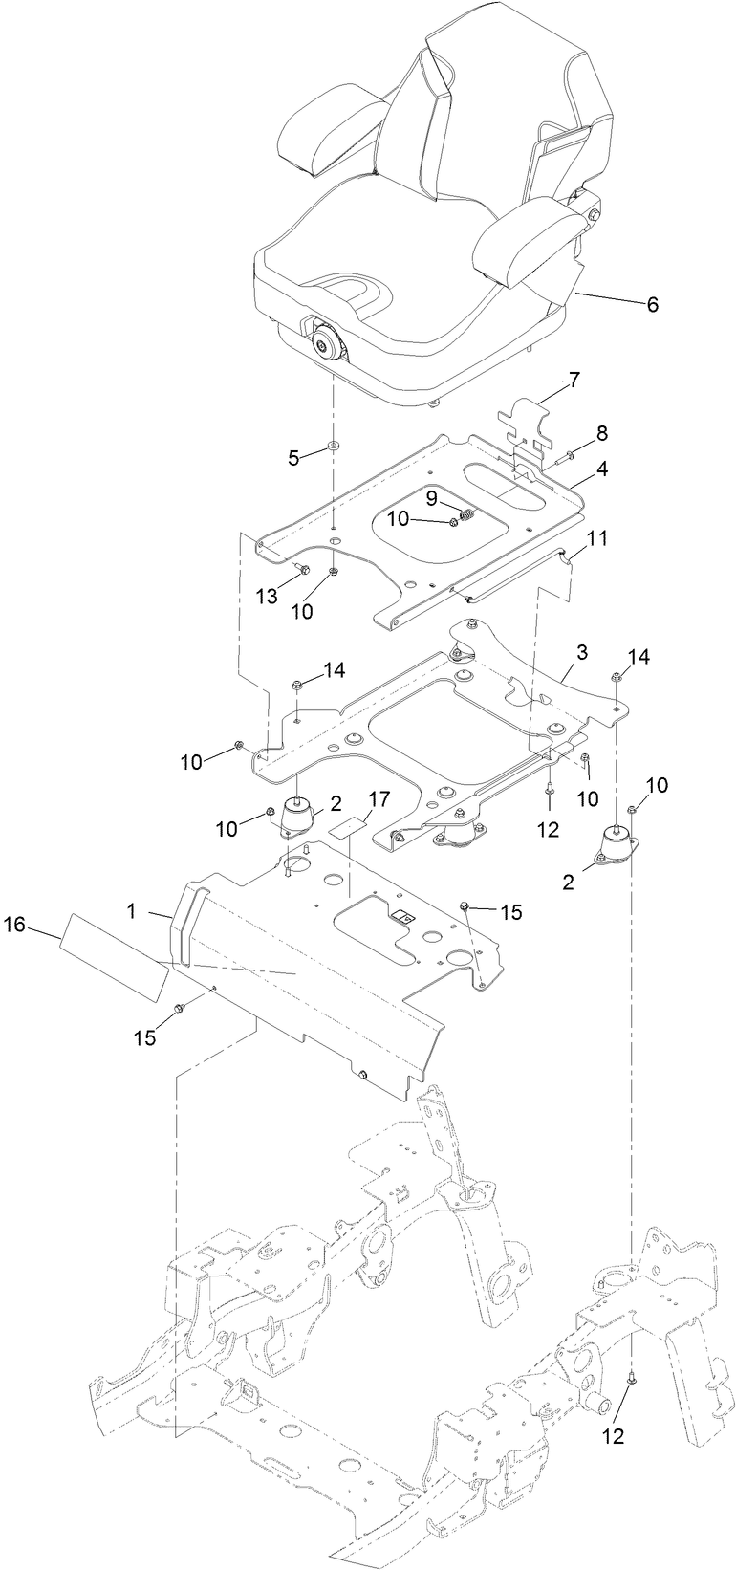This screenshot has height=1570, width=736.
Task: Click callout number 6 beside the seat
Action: [x=652, y=305]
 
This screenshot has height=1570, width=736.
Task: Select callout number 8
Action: [x=601, y=433]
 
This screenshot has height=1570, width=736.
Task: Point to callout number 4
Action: [x=602, y=469]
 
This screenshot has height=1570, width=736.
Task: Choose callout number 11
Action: [x=596, y=538]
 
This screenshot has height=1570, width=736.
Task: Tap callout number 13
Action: [x=266, y=596]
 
